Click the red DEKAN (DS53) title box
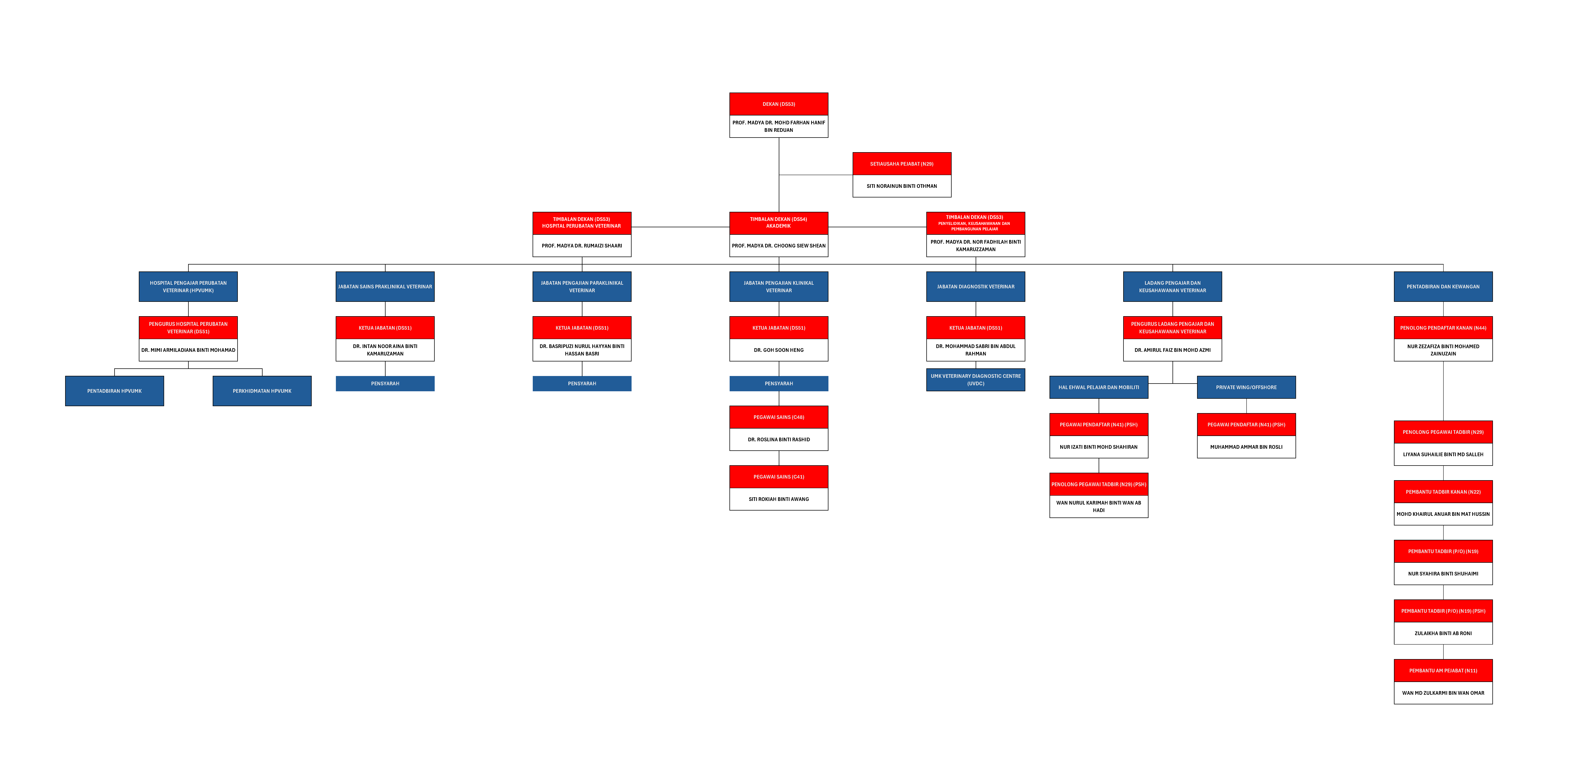pyautogui.click(x=779, y=104)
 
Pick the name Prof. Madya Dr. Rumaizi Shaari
pyautogui.click(x=582, y=246)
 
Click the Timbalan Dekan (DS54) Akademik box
pyautogui.click(x=779, y=223)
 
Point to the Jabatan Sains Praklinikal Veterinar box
pyautogui.click(x=385, y=287)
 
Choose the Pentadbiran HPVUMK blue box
pyautogui.click(x=115, y=391)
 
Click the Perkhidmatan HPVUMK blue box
pyautogui.click(x=262, y=391)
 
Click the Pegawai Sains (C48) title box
pyautogui.click(x=779, y=417)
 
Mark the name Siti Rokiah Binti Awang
pyautogui.click(x=779, y=499)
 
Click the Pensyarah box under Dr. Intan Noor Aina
pyautogui.click(x=385, y=383)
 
